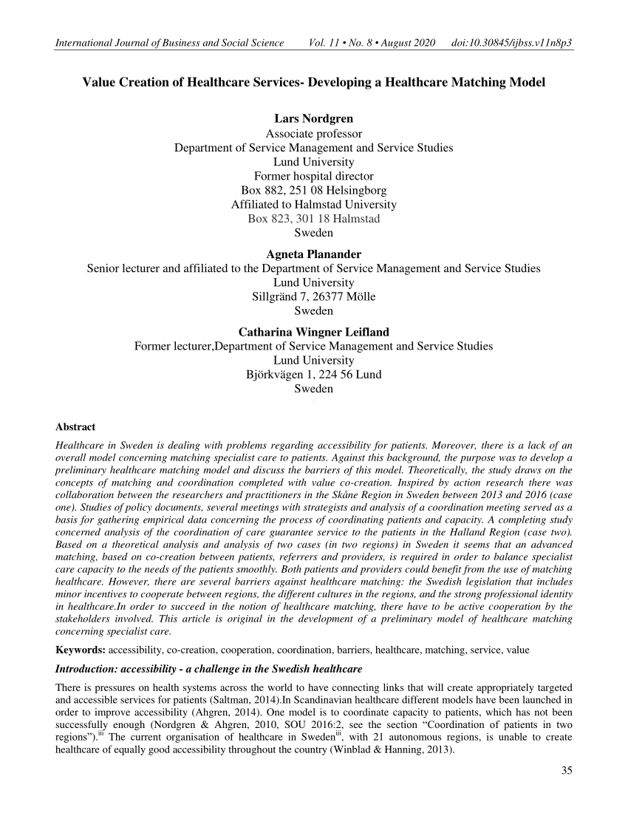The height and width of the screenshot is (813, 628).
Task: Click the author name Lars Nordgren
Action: [x=313, y=119]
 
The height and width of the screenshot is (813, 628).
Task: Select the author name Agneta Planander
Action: [x=313, y=254]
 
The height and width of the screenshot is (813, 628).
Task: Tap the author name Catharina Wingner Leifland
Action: [x=313, y=331]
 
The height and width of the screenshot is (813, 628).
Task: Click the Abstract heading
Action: [x=75, y=426]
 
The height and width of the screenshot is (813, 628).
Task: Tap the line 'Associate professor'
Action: [x=313, y=134]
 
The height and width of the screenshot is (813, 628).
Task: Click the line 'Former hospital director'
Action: [x=313, y=176]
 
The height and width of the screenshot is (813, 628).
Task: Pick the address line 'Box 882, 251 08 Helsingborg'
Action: [x=313, y=191]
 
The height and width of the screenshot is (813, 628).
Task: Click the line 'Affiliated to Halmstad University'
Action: [x=313, y=205]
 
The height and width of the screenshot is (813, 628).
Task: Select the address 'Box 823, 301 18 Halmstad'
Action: [x=313, y=219]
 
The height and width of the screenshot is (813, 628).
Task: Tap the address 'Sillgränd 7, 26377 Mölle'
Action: [x=313, y=297]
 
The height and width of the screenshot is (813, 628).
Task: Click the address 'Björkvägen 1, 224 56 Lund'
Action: [x=313, y=374]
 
